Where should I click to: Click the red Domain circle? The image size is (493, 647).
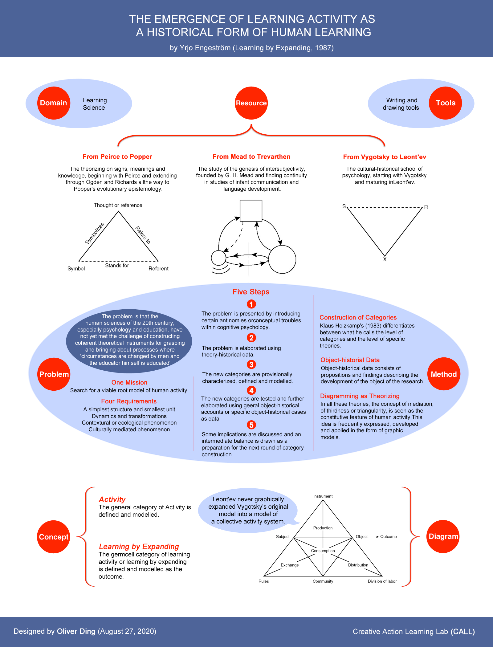click(x=54, y=103)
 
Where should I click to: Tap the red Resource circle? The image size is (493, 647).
click(x=251, y=103)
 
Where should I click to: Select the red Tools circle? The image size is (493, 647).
click(x=445, y=103)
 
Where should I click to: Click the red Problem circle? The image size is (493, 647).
click(x=54, y=374)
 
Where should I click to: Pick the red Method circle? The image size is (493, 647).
click(x=444, y=374)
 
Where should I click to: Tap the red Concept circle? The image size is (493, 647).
click(x=54, y=537)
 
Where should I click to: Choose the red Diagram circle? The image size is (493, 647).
click(x=443, y=536)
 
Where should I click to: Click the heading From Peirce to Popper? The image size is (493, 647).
click(x=117, y=157)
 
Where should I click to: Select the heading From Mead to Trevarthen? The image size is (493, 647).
click(x=251, y=157)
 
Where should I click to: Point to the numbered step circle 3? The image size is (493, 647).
click(x=251, y=364)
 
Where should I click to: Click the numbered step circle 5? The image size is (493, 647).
click(x=251, y=425)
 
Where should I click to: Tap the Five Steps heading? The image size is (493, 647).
click(x=251, y=292)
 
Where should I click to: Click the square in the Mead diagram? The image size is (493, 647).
click(x=251, y=210)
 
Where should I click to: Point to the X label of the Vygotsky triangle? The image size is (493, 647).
click(x=385, y=259)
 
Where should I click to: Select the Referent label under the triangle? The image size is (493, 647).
click(x=158, y=268)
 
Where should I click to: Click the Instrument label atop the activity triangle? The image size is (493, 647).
click(x=323, y=496)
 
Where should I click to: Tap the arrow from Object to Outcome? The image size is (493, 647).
click(x=374, y=537)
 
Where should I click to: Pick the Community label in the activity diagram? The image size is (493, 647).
click(x=323, y=581)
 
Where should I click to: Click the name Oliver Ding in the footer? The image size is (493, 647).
click(x=76, y=631)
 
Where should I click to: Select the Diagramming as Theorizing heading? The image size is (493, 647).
click(x=360, y=396)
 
